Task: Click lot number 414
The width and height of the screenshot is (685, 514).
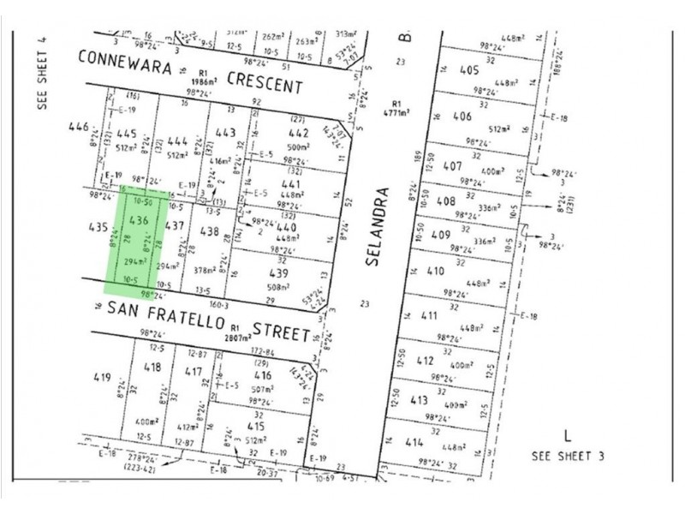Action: [415, 443]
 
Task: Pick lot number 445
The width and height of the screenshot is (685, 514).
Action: [127, 134]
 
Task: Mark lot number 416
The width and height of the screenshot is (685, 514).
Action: [262, 375]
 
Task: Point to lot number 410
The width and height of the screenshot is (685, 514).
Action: [435, 272]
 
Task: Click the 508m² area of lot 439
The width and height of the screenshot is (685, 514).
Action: [281, 288]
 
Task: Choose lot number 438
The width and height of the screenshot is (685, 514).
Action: [211, 231]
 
